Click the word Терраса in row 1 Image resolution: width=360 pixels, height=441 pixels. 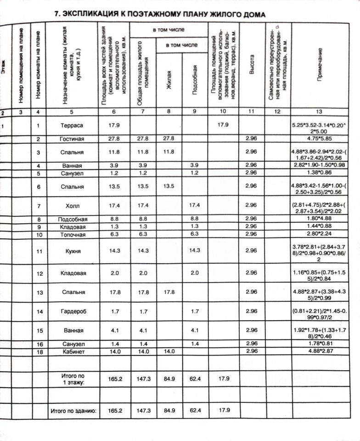[x=72, y=125]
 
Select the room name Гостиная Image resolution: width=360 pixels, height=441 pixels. [x=72, y=139]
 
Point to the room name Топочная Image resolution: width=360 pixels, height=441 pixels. [x=72, y=234]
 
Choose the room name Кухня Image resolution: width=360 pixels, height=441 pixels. [x=72, y=252]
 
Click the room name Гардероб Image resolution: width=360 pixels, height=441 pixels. [x=72, y=312]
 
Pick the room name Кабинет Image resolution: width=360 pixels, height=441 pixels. [x=72, y=351]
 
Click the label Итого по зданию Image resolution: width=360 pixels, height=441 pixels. [x=73, y=411]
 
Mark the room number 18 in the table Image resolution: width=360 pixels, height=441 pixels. [x=39, y=351]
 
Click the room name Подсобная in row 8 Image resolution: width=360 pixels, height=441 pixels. [x=72, y=220]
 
